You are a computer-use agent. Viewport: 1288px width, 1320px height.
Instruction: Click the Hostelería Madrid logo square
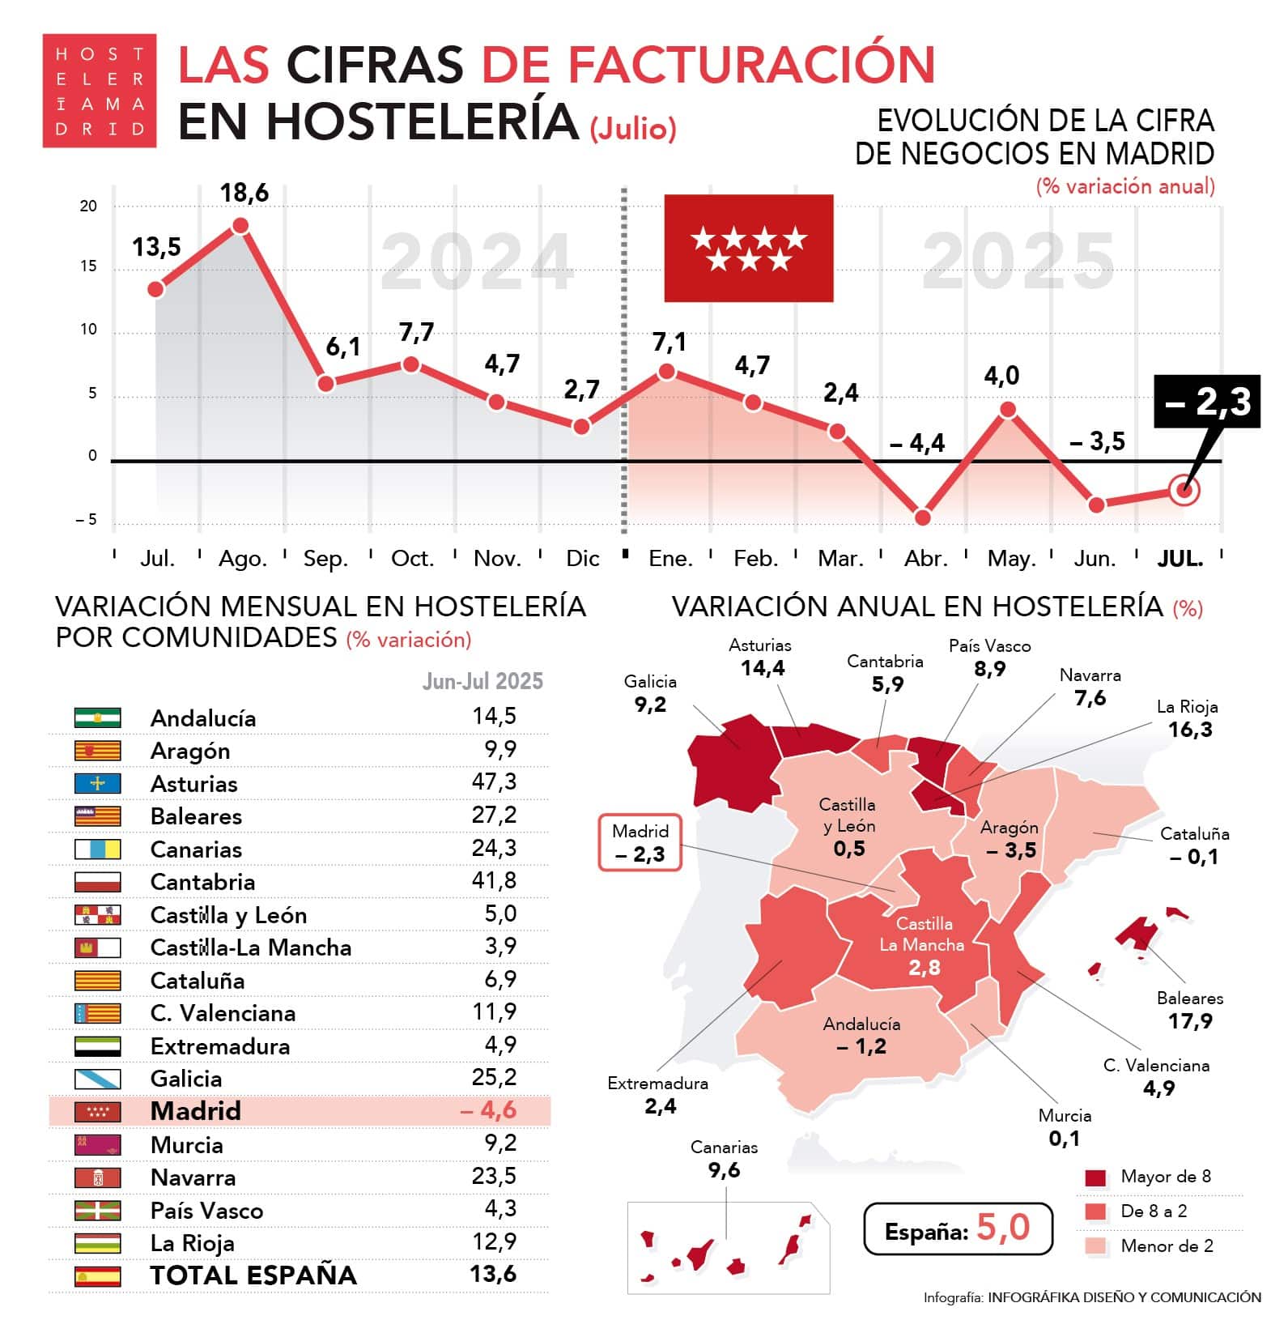[99, 91]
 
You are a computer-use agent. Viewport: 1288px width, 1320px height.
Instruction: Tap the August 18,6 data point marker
[240, 226]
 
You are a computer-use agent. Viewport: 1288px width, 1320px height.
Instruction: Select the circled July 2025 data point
[1184, 490]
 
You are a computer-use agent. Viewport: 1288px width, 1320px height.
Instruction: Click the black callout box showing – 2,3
[1206, 402]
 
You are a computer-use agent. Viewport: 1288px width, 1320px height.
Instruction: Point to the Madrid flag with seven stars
[748, 248]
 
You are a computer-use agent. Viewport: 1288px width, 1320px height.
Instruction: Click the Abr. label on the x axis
[925, 559]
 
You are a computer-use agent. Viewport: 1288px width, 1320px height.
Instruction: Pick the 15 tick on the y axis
[88, 266]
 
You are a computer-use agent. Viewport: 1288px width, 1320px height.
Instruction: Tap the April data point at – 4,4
[922, 517]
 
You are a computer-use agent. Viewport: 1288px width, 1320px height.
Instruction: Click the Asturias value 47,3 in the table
[494, 782]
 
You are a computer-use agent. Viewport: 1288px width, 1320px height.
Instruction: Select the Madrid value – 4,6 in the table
[489, 1110]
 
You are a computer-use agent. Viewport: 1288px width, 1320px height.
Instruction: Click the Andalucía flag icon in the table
[97, 717]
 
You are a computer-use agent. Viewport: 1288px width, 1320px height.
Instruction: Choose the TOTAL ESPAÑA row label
[253, 1275]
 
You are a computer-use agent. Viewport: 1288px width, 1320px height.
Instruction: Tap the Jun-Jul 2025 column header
[482, 681]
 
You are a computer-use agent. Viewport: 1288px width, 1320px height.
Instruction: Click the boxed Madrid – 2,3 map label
[640, 843]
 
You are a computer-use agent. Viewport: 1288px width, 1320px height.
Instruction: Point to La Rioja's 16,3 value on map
[1189, 730]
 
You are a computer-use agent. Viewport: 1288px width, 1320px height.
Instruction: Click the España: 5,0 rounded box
[958, 1228]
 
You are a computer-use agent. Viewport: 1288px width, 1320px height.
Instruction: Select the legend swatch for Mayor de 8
[1095, 1177]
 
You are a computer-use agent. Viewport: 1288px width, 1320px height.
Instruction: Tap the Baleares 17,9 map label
[1189, 1011]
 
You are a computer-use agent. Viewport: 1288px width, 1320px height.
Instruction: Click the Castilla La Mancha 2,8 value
[923, 968]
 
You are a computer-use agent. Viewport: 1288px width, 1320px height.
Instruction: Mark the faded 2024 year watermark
[477, 262]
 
